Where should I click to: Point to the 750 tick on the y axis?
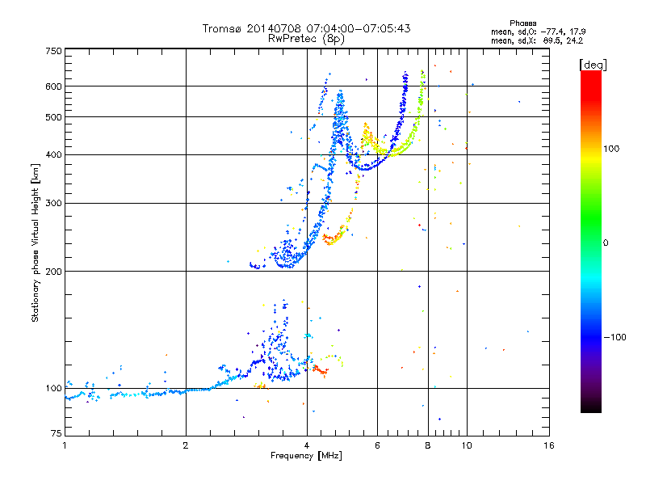point(53,51)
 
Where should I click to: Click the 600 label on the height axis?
point(53,86)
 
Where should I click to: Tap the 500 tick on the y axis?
point(53,117)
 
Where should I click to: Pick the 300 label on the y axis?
point(53,203)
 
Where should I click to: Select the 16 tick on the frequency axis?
point(547,445)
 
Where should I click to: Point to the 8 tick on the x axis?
point(427,445)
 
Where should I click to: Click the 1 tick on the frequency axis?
point(65,445)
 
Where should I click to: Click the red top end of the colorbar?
point(590,74)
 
